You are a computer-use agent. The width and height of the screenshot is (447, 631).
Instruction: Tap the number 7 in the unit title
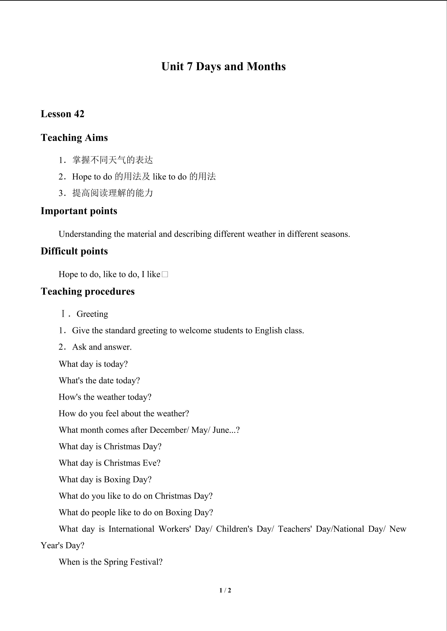pyautogui.click(x=189, y=67)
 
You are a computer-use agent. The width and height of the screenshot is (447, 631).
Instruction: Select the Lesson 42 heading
pyautogui.click(x=63, y=114)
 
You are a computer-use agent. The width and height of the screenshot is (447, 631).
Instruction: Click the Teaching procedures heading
pyautogui.click(x=87, y=291)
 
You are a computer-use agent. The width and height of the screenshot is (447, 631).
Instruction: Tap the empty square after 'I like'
pyautogui.click(x=165, y=274)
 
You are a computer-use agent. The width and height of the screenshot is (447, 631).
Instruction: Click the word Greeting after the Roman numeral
pyautogui.click(x=92, y=314)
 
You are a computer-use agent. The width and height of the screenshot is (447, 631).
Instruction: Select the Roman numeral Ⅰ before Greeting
pyautogui.click(x=63, y=314)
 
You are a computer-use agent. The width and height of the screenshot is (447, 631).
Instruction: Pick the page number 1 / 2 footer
pyautogui.click(x=225, y=590)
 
